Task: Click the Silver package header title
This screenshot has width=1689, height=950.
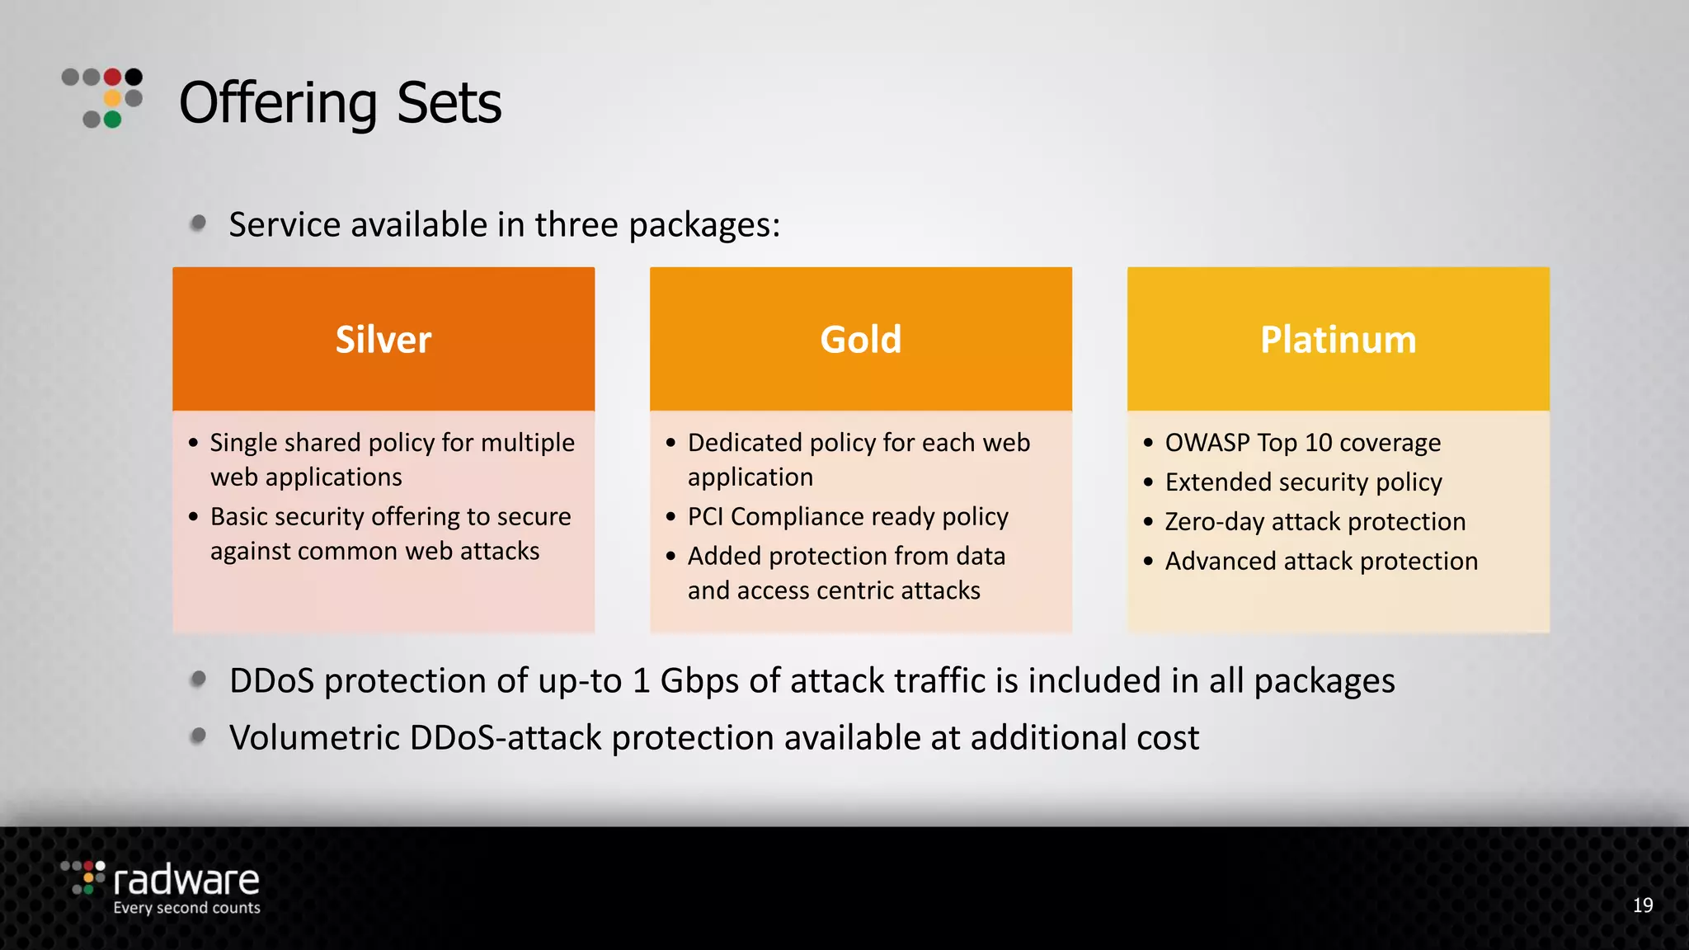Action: coord(383,340)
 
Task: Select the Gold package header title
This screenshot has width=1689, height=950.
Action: coord(860,340)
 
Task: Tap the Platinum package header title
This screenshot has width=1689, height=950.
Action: coord(1338,340)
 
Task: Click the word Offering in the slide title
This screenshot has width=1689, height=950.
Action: coord(278,103)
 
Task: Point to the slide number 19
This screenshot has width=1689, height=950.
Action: coord(1642,905)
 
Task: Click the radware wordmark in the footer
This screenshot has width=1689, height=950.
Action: coord(186,880)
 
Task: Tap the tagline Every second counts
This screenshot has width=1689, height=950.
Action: coord(186,908)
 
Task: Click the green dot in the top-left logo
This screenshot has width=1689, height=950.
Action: coord(113,120)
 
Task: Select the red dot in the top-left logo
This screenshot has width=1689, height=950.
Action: coord(113,77)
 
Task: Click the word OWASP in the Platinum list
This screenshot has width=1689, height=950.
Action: coord(1207,443)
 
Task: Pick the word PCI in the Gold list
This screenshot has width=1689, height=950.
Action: coord(705,517)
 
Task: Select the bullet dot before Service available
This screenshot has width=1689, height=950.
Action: coord(198,223)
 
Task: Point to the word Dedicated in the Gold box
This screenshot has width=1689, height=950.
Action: coord(745,443)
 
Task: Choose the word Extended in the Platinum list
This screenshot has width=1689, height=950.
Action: coord(1213,482)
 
